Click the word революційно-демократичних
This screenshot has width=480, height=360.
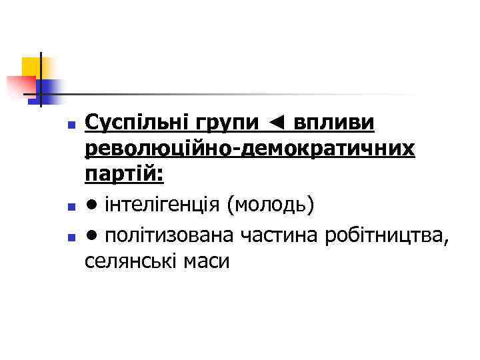(250, 150)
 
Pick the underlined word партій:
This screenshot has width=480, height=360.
(125, 176)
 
